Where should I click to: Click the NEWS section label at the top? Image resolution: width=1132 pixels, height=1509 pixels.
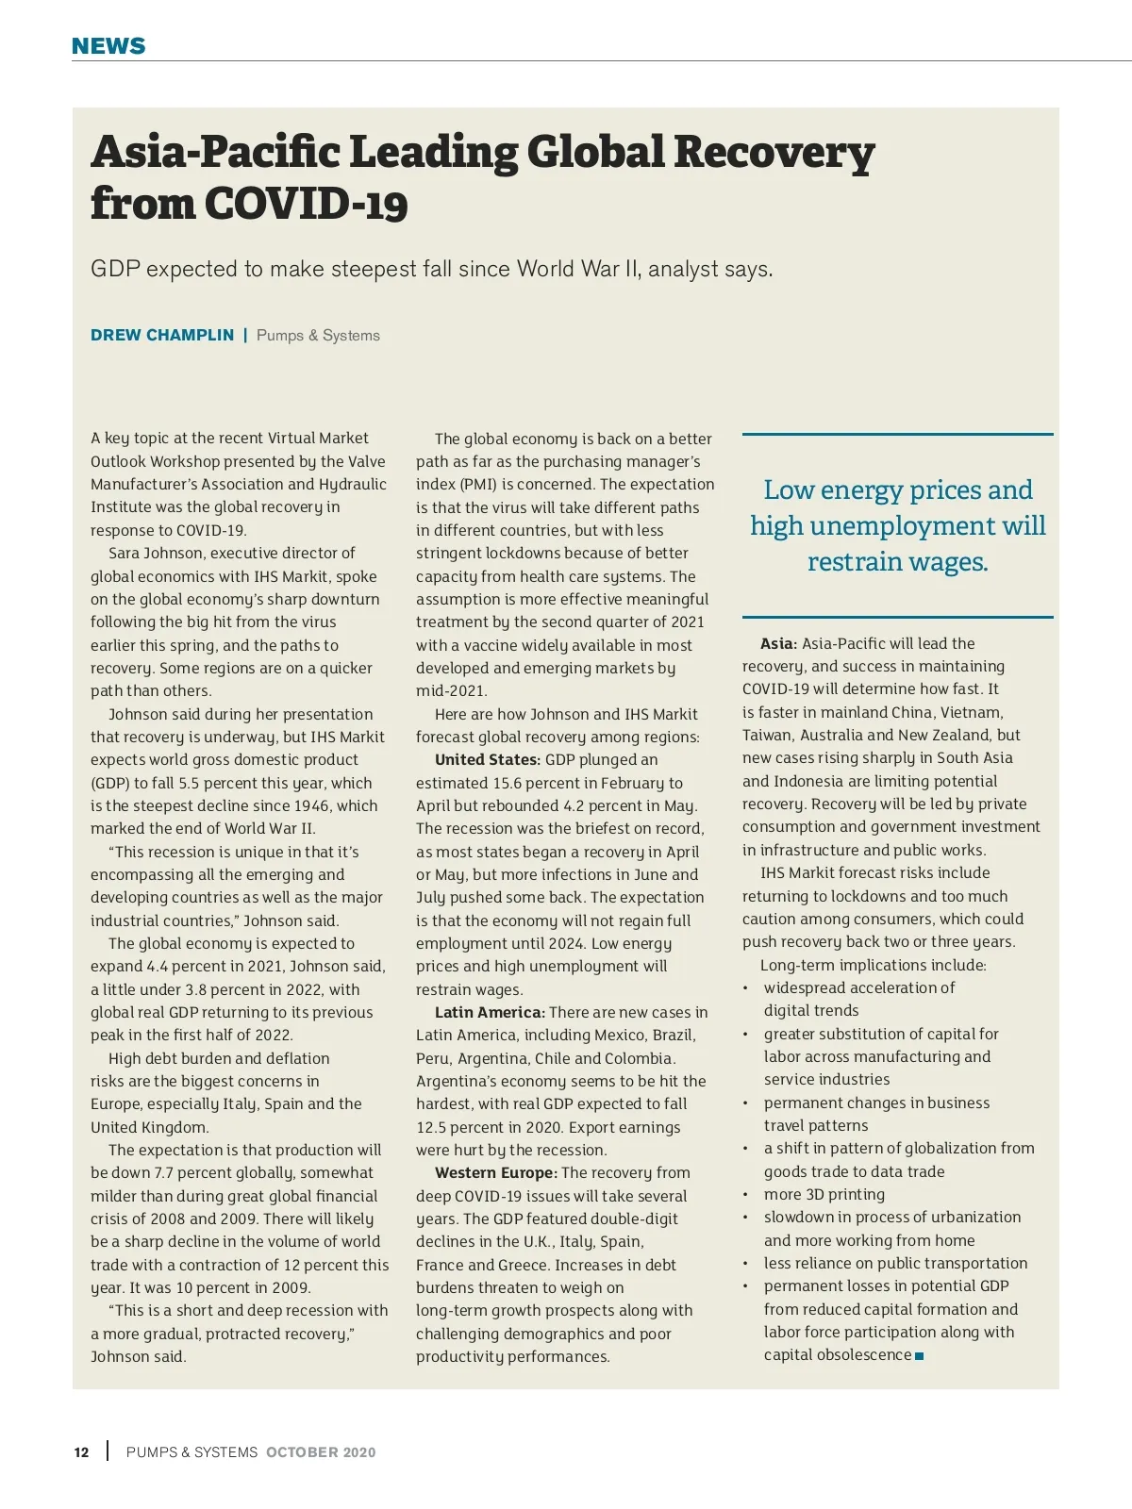click(x=108, y=46)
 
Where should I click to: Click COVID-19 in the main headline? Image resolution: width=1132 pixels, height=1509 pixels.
click(x=306, y=204)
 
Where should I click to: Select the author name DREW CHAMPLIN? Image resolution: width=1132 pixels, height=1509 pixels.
click(x=162, y=335)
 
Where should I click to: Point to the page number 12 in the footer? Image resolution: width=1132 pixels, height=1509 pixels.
click(x=82, y=1452)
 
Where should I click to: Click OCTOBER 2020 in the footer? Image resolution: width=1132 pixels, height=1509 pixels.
click(x=321, y=1452)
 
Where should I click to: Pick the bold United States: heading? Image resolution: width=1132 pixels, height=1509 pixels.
click(x=488, y=760)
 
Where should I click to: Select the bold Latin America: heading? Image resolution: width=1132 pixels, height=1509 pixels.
click(x=490, y=1013)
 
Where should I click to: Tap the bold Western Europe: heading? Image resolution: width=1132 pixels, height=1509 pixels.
click(x=496, y=1173)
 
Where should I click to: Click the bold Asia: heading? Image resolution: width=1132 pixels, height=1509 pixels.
click(x=779, y=644)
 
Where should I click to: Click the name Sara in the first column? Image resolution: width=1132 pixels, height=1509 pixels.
click(x=125, y=554)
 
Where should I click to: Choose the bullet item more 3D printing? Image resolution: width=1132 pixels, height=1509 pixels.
click(x=824, y=1195)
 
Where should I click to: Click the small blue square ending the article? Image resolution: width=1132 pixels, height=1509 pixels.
click(x=920, y=1356)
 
